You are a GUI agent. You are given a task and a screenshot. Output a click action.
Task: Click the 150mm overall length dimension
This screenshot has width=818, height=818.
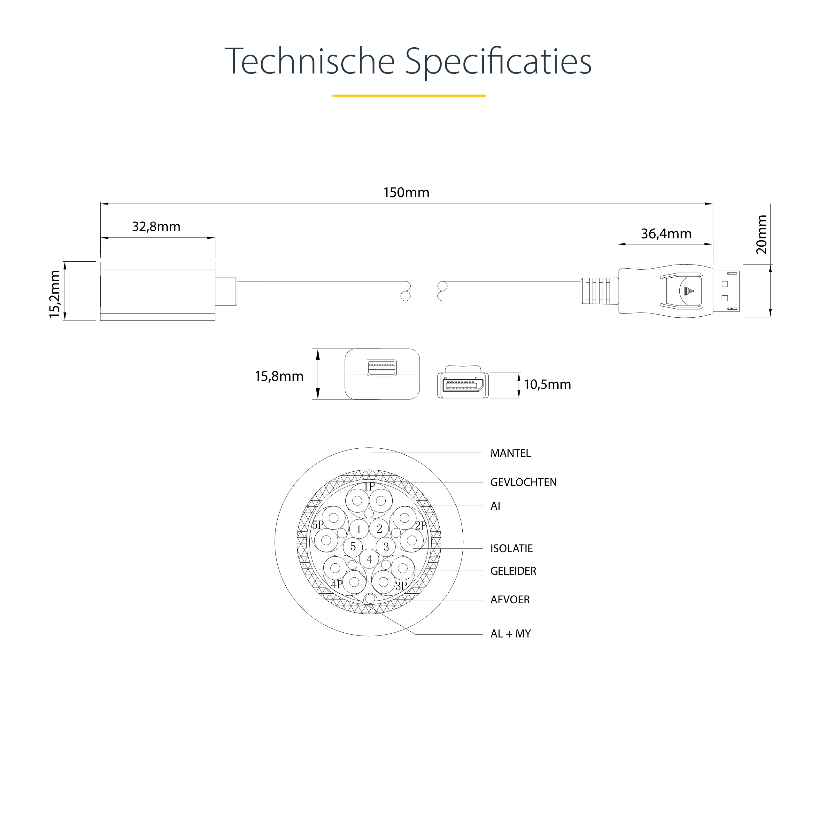(x=406, y=193)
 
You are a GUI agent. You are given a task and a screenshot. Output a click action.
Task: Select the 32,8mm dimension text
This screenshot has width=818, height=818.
(x=156, y=227)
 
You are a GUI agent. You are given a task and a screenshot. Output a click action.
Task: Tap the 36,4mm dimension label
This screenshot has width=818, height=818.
(x=666, y=234)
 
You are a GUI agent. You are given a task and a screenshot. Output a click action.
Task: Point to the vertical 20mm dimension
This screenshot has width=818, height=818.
(x=761, y=235)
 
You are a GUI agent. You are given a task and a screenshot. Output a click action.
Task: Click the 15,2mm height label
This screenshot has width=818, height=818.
(x=55, y=294)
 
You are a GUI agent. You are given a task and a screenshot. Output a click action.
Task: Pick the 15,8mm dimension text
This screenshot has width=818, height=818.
(x=279, y=376)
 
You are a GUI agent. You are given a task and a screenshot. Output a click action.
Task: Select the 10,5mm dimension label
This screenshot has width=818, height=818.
(x=547, y=384)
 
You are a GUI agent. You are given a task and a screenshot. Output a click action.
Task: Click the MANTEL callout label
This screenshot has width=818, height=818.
(x=510, y=453)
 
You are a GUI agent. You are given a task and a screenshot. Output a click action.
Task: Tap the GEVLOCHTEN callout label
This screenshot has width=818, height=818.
(x=523, y=482)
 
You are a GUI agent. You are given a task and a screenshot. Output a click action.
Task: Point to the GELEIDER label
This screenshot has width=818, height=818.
(x=513, y=571)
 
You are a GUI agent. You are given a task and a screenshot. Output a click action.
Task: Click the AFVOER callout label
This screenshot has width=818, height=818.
(x=510, y=599)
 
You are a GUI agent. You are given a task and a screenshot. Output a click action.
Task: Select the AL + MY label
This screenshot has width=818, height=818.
(x=511, y=634)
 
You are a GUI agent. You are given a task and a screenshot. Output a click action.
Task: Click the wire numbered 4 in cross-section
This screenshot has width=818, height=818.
(x=369, y=559)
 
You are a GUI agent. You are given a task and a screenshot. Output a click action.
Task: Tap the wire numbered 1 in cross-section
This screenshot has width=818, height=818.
(x=359, y=529)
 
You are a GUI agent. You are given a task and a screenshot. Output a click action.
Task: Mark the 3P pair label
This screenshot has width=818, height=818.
(x=401, y=586)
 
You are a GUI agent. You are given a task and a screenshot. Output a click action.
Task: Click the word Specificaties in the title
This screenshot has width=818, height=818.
(x=498, y=62)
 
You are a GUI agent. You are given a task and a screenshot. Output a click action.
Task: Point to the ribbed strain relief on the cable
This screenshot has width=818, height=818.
(x=599, y=291)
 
